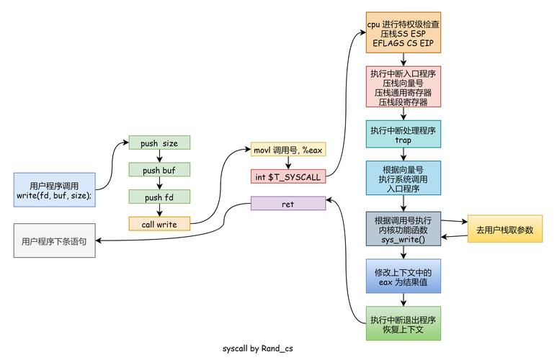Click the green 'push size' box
pos(159,143)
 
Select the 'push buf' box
pos(159,170)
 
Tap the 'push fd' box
pos(159,197)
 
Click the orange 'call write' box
pos(159,224)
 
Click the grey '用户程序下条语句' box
pos(54,241)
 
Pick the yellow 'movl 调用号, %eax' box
pos(288,150)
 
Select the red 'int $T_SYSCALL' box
pos(288,176)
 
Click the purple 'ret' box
pos(288,204)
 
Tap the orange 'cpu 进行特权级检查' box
pos(403,32)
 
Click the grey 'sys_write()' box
pos(403,230)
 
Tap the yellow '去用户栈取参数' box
pos(505,230)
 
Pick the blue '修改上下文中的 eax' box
pos(403,277)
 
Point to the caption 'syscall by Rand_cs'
pos(257,348)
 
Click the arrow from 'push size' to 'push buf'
pos(159,156)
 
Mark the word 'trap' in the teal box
pos(403,140)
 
